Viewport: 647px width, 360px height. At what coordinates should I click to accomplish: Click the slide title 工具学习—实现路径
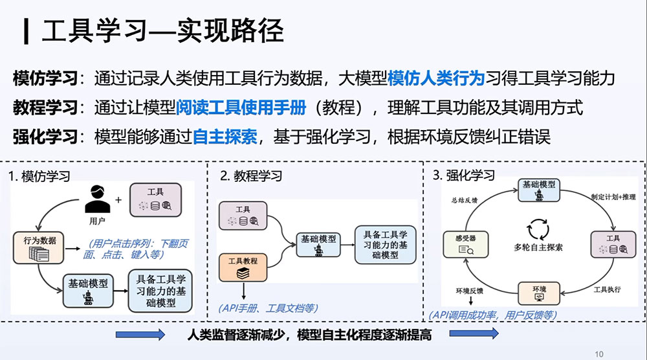click(162, 30)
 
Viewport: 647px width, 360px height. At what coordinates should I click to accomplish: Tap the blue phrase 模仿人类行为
click(435, 78)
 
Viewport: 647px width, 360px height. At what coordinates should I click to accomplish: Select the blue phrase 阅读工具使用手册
click(241, 107)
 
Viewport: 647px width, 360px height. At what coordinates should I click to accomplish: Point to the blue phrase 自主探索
click(225, 137)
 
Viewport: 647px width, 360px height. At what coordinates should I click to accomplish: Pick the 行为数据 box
click(38, 248)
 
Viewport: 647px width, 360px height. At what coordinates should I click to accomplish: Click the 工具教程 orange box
click(243, 268)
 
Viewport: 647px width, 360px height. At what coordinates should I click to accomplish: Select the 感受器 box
click(465, 244)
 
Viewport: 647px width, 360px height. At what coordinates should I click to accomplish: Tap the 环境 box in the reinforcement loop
click(539, 293)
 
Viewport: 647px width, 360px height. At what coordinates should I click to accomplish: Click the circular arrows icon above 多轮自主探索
click(538, 229)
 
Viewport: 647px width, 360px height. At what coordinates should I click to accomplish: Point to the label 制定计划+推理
click(613, 197)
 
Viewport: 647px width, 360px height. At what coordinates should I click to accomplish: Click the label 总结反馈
click(464, 200)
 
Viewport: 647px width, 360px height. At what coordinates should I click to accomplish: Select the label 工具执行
click(607, 289)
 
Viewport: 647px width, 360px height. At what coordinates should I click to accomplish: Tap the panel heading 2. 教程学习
click(251, 176)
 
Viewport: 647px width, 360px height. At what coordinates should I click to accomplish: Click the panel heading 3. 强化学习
click(463, 175)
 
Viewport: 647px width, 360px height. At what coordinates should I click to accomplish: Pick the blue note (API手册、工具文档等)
click(269, 308)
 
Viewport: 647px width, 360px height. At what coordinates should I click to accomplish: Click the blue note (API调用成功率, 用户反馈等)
click(493, 315)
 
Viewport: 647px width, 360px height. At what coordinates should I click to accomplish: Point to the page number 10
click(599, 354)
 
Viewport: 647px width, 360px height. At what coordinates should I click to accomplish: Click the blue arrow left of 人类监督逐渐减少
click(140, 334)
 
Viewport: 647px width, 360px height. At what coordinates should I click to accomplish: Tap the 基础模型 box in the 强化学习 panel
click(539, 190)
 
